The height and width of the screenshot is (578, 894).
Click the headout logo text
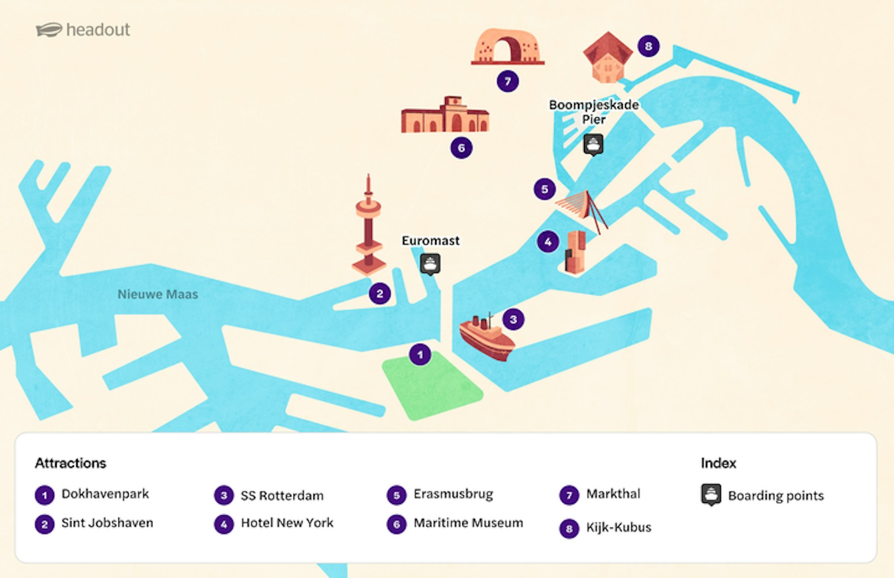(98, 30)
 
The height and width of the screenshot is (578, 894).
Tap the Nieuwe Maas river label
(158, 294)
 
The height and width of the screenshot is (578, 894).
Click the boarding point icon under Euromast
(430, 264)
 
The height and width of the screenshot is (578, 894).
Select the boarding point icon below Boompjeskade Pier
(593, 144)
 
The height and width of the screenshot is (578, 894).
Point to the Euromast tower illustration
(368, 227)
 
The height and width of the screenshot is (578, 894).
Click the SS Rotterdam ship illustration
(486, 338)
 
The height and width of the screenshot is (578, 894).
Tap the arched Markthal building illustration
(508, 47)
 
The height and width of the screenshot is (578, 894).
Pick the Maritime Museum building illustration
(445, 116)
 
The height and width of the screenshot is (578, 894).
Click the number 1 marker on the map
(420, 355)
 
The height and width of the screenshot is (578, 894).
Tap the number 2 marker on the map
(379, 294)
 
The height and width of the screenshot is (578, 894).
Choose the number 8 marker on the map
(648, 46)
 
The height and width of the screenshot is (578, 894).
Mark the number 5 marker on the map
(545, 189)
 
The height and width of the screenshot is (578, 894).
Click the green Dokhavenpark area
(432, 388)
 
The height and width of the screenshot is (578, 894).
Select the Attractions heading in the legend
(70, 463)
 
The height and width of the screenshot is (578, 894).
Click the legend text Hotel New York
(287, 523)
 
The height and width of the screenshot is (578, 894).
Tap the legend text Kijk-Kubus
(619, 528)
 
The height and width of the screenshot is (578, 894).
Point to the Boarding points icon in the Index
(711, 495)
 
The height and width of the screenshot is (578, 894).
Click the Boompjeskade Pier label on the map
(594, 112)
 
